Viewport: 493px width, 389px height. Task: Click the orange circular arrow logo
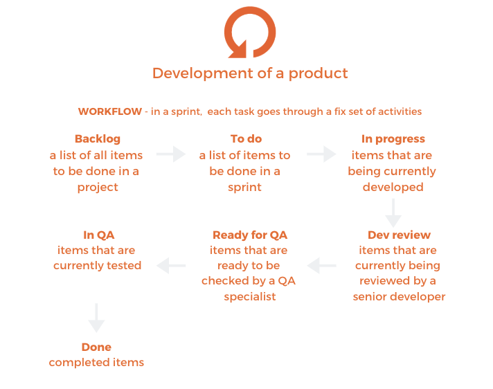pyautogui.click(x=249, y=32)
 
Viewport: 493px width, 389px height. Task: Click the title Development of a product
pyautogui.click(x=250, y=73)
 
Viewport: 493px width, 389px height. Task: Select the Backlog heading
pyautogui.click(x=98, y=139)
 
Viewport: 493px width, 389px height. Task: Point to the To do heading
pyautogui.click(x=247, y=139)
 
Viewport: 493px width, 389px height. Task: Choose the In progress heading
pyautogui.click(x=393, y=139)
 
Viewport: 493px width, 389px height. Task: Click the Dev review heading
pyautogui.click(x=399, y=235)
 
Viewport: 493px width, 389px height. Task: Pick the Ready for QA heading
pyautogui.click(x=249, y=235)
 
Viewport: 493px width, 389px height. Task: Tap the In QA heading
pyautogui.click(x=98, y=235)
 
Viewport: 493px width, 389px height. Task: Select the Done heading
pyautogui.click(x=96, y=347)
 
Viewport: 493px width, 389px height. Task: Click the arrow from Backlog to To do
pyautogui.click(x=171, y=154)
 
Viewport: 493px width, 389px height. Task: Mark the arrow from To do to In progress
pyautogui.click(x=321, y=154)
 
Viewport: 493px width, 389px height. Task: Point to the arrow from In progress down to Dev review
pyautogui.click(x=393, y=212)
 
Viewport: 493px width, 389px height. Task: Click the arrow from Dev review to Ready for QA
pyautogui.click(x=322, y=265)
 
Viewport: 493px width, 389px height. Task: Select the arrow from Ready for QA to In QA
pyautogui.click(x=172, y=265)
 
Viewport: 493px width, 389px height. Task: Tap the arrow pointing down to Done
pyautogui.click(x=97, y=318)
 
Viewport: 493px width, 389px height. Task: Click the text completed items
pyautogui.click(x=96, y=362)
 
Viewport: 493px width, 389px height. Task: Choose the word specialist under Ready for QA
pyautogui.click(x=250, y=296)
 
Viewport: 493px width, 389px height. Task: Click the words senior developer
pyautogui.click(x=399, y=296)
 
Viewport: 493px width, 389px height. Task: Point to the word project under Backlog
pyautogui.click(x=98, y=187)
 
